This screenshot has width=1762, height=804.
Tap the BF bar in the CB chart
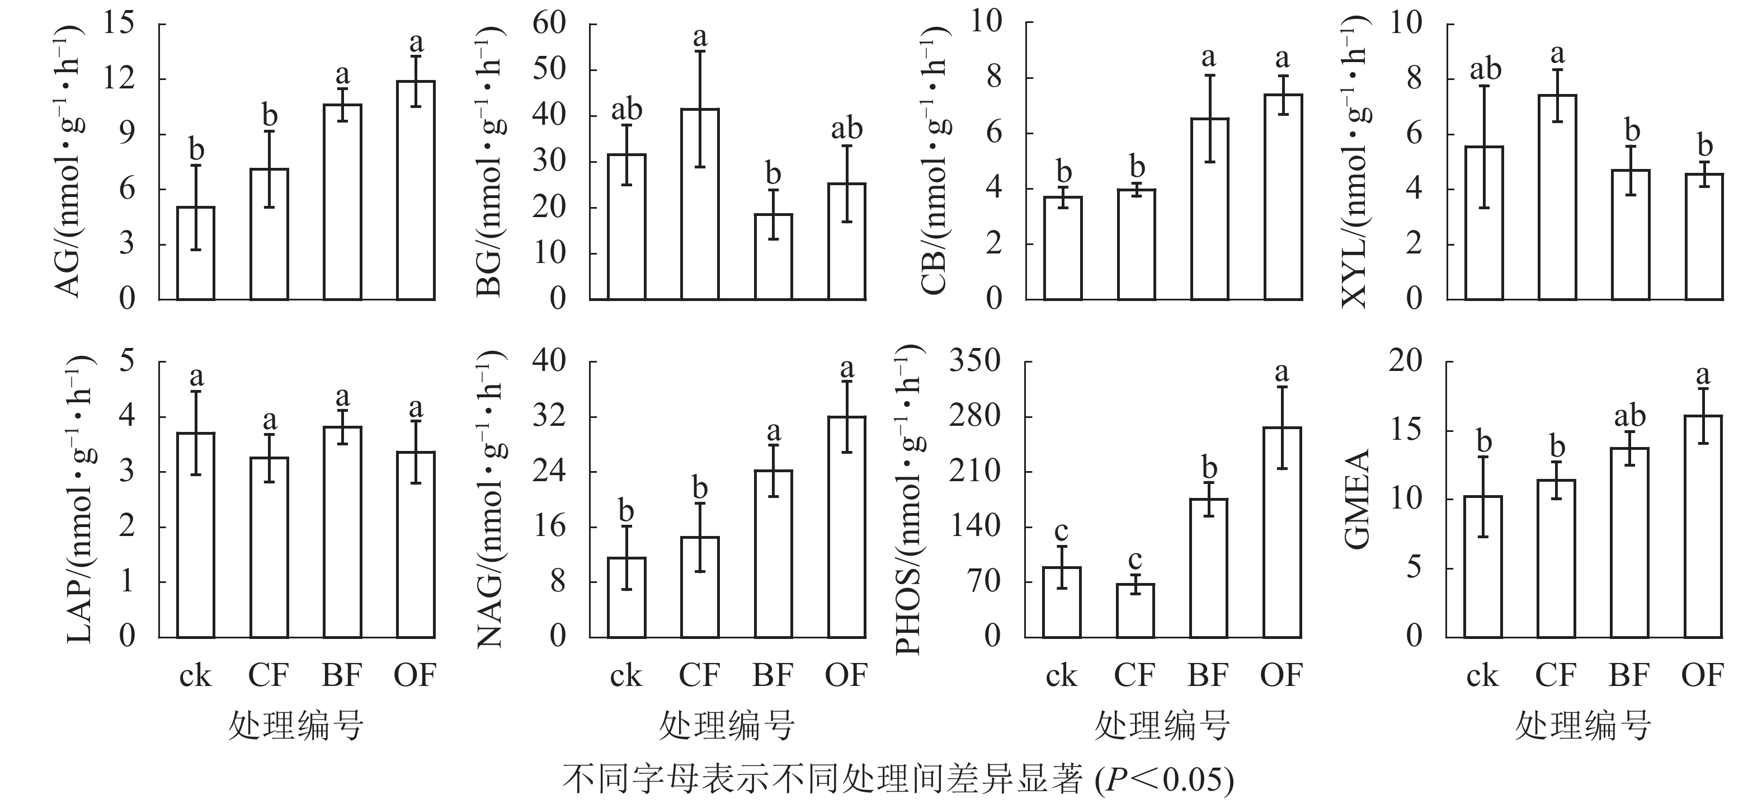coord(1209,209)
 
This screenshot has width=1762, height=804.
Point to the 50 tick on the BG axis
coord(549,69)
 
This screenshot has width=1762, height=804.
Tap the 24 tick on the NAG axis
coord(549,472)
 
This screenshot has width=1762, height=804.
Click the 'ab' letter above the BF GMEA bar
coord(1630,416)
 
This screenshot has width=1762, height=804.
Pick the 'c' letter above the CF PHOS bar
coord(1135,559)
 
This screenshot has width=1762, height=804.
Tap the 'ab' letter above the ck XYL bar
coord(1486,69)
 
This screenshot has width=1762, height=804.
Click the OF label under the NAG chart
coord(846,675)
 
